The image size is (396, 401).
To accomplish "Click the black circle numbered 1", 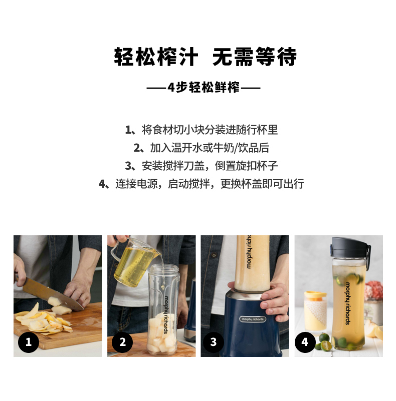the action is (x=29, y=342).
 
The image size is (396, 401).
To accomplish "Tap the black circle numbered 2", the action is (x=122, y=342).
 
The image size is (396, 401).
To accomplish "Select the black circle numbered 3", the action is (x=214, y=342).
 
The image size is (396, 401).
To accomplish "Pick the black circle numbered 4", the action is (x=305, y=342).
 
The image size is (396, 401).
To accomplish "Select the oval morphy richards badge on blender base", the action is (x=253, y=319).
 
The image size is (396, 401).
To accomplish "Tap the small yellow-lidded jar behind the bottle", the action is (x=315, y=311).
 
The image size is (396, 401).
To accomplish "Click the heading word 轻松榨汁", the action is (x=156, y=57).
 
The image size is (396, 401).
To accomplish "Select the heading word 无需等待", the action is (x=254, y=57).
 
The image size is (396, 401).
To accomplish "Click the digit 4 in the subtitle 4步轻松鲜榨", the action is (x=171, y=88).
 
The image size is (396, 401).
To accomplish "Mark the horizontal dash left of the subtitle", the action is (x=156, y=88).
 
